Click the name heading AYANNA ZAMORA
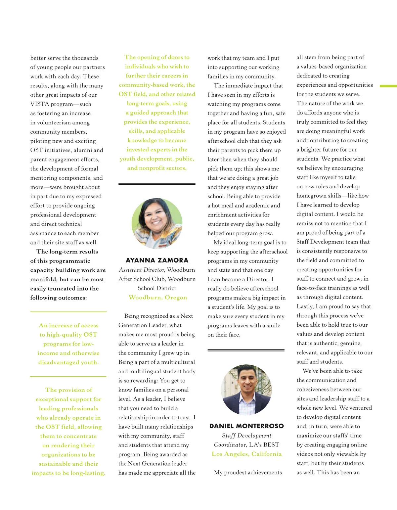[157, 260]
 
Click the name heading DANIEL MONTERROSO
[246, 426]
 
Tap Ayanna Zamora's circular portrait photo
[157, 223]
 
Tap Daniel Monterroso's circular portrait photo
[246, 390]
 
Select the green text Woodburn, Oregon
[158, 298]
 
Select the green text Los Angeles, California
[246, 454]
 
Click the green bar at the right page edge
[388, 86]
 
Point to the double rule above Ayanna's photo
[157, 184]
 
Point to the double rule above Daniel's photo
[246, 350]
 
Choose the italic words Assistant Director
[142, 270]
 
